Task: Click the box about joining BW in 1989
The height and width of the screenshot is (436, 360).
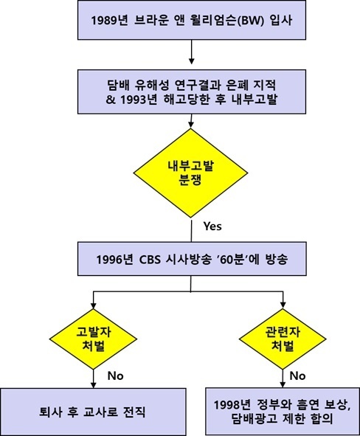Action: click(192, 20)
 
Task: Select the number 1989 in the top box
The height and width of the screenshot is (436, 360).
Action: click(103, 21)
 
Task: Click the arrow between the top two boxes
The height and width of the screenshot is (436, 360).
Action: click(192, 52)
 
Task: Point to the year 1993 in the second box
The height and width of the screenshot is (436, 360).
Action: click(132, 100)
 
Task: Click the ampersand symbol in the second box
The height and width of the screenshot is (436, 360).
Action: click(111, 100)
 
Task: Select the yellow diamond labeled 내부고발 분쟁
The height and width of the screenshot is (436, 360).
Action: click(191, 173)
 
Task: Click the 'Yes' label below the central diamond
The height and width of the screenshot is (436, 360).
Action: click(212, 226)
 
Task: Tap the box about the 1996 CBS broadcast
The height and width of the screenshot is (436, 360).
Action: click(192, 259)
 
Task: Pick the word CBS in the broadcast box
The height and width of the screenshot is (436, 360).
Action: click(150, 260)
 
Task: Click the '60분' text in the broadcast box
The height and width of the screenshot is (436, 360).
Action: click(230, 259)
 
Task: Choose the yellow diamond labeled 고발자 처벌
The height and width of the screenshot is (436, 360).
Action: click(93, 339)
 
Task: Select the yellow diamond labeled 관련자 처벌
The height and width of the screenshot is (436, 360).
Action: click(283, 339)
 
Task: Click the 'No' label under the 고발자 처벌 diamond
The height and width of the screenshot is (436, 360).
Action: click(115, 376)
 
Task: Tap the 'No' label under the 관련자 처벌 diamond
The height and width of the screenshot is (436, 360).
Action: click(297, 376)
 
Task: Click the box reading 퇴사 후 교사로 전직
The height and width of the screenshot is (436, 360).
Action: click(93, 412)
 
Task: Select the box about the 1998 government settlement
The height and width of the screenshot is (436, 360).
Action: click(283, 412)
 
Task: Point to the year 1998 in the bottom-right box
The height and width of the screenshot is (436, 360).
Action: click(226, 405)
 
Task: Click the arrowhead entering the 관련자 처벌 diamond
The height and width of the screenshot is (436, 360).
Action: click(283, 305)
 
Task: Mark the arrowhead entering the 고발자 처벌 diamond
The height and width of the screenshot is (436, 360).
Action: click(94, 305)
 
